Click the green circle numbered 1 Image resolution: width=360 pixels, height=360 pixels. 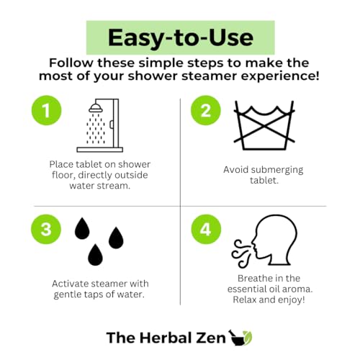(x=46, y=110)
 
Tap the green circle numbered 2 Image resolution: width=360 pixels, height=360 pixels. (x=206, y=110)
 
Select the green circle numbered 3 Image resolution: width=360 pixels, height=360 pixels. (x=46, y=229)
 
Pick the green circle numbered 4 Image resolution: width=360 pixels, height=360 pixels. (x=206, y=229)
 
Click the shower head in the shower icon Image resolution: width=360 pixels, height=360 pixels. (x=96, y=108)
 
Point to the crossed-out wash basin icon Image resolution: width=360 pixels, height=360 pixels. (x=264, y=125)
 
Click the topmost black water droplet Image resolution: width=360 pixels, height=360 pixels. (x=82, y=228)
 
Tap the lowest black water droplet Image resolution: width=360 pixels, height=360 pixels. (x=95, y=255)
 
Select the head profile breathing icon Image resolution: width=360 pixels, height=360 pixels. (x=274, y=240)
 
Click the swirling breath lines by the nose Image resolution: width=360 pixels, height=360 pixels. (x=241, y=253)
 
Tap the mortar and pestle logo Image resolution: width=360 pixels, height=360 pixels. (x=240, y=337)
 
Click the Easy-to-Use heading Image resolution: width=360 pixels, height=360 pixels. (x=181, y=37)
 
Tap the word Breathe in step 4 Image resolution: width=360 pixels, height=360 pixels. (x=253, y=279)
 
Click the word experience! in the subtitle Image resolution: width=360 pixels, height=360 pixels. (x=280, y=77)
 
